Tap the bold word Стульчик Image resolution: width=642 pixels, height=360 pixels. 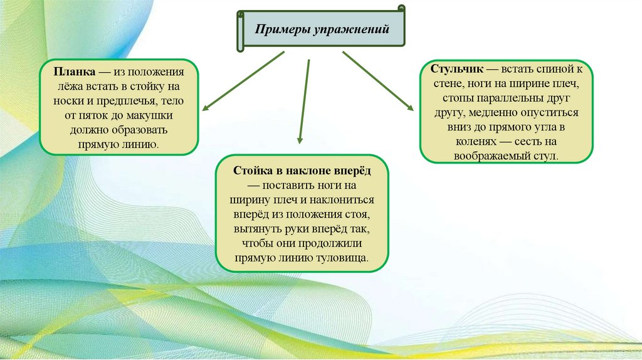pyautogui.click(x=456, y=70)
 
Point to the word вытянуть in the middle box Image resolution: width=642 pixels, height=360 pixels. pyautogui.click(x=258, y=229)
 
